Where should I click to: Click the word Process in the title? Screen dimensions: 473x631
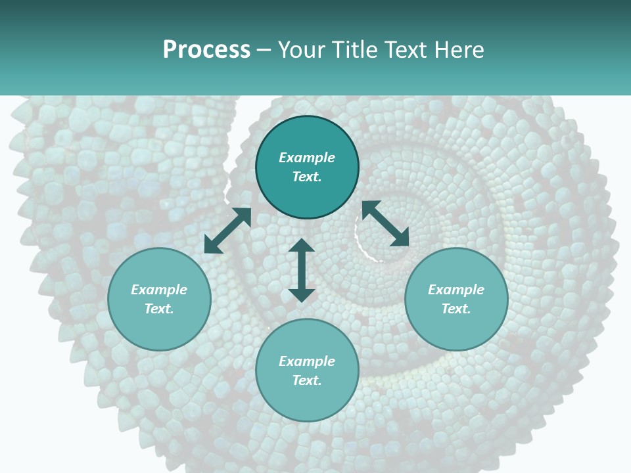point(206,50)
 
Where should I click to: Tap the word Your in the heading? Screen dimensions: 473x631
point(302,50)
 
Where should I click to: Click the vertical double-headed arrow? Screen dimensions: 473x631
point(302,270)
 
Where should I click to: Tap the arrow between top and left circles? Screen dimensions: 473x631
point(227,231)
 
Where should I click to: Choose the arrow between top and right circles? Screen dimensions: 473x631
point(385,223)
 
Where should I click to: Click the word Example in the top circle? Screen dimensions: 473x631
point(307,158)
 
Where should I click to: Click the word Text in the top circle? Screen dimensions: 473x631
point(307,177)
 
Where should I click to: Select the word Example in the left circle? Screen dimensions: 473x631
point(159,290)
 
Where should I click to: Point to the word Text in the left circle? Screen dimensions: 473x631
point(159,309)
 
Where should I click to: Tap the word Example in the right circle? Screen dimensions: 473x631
point(456,290)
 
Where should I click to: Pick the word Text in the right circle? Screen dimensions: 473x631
point(456,309)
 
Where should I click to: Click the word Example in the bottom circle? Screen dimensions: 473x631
point(307,361)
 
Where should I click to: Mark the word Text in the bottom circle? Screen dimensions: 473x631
point(307,380)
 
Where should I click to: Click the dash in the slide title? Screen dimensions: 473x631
point(264,51)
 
